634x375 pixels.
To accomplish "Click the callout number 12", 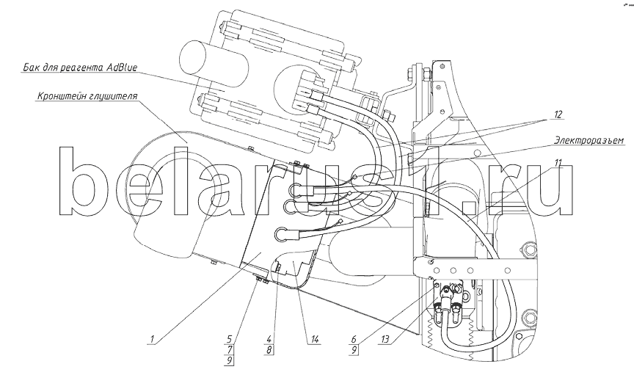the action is coord(558,114).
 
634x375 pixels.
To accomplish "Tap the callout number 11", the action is coord(558,164).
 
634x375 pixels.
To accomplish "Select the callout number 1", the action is coord(152,339).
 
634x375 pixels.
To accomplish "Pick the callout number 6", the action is coord(354,339).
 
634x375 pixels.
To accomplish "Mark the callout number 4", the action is coord(269,339).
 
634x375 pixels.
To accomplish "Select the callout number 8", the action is coord(269,349).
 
